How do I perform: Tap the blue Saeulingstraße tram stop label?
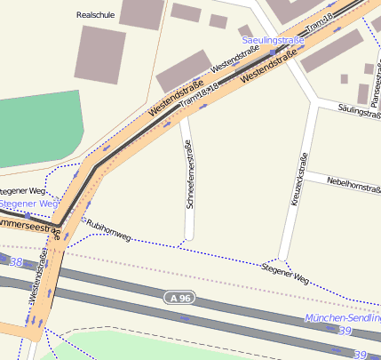click(274, 40)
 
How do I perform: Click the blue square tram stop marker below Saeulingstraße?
click(273, 52)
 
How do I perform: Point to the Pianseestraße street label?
click(376, 80)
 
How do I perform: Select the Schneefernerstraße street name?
click(188, 174)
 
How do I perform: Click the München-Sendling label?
click(342, 317)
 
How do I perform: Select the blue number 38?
click(15, 262)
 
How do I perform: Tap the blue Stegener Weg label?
click(27, 204)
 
